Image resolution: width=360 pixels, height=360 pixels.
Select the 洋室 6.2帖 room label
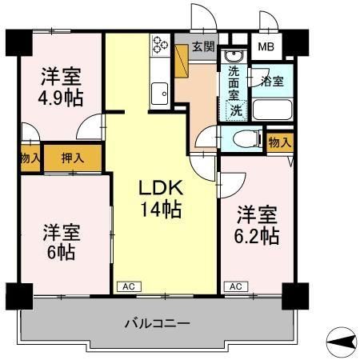pos(257,226)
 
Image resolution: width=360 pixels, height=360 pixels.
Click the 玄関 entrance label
pos(203,46)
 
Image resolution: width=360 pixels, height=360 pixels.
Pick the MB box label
pos(264,46)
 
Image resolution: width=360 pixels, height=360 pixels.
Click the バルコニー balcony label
pos(157,324)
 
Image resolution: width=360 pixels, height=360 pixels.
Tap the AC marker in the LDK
pos(128,286)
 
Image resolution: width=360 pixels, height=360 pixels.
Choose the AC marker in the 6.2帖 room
pos(235,286)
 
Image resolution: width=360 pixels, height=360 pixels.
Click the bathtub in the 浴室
pos(273,108)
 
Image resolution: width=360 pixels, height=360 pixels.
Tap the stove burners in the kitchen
pos(157,46)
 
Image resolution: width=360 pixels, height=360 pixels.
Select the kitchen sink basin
pos(157,93)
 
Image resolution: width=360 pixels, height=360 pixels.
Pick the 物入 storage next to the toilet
pos(278,142)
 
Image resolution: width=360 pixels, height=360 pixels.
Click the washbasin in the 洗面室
pos(233,56)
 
